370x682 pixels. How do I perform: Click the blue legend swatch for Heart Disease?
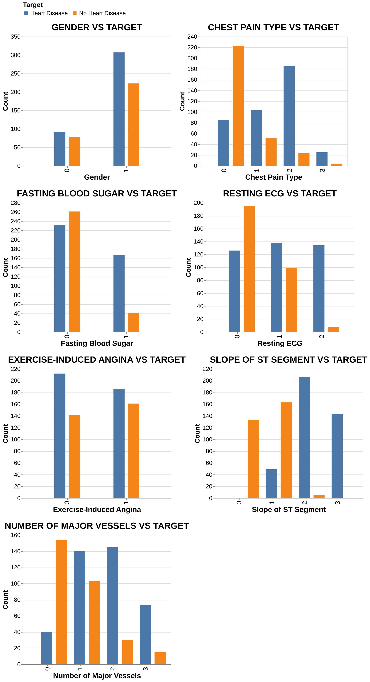coord(26,13)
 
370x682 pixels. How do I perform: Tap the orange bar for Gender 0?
coord(74,151)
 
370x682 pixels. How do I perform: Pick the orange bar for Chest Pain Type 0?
coord(238,106)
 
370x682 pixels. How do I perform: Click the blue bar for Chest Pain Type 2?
coord(289,116)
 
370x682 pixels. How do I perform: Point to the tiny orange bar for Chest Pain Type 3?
coord(337,165)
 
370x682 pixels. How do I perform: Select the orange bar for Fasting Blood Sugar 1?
coord(134,323)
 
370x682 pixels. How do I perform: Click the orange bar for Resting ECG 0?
coord(249,269)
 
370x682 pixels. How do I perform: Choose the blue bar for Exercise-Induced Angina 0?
coord(60,436)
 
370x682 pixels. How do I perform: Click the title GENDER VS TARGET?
coord(97,27)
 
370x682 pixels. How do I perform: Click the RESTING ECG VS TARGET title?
coord(280,193)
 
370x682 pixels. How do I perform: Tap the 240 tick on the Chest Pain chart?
coord(192,37)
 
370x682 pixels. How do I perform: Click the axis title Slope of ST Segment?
coord(289,509)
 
